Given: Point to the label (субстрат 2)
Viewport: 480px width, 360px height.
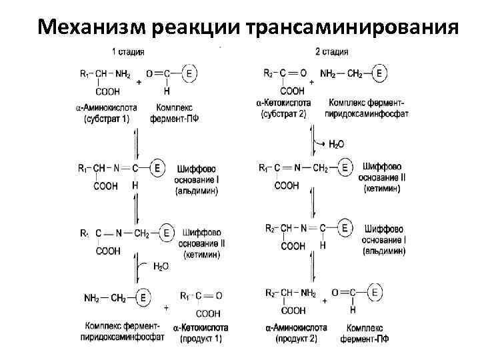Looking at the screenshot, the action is pyautogui.click(x=283, y=114).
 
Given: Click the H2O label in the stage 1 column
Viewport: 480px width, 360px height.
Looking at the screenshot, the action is pyautogui.click(x=161, y=267).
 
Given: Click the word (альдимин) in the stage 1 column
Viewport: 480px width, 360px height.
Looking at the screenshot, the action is pyautogui.click(x=197, y=191).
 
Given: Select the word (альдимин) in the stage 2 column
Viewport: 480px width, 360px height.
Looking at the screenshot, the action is pyautogui.click(x=383, y=251).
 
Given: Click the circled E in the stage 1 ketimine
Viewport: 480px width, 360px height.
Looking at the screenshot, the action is pyautogui.click(x=167, y=233).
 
